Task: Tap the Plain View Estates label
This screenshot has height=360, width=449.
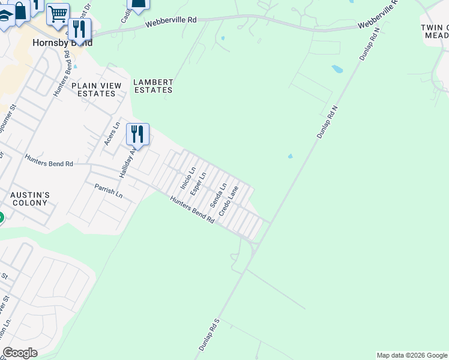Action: (x=96, y=89)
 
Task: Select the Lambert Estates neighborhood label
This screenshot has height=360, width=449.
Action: (x=153, y=86)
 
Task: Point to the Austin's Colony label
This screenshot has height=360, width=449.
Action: (x=29, y=199)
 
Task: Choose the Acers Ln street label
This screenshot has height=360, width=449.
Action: (x=109, y=133)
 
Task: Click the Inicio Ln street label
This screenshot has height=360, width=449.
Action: (x=185, y=179)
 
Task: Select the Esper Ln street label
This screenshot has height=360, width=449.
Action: (x=198, y=184)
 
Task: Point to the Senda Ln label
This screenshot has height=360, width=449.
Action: (x=218, y=195)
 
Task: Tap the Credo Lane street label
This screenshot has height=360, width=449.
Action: (x=229, y=201)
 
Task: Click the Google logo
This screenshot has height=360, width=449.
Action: (x=20, y=353)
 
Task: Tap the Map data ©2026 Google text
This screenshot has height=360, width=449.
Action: (x=412, y=355)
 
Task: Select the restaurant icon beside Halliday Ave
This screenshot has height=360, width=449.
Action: (x=137, y=135)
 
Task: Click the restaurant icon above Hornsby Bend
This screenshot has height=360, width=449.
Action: (x=79, y=29)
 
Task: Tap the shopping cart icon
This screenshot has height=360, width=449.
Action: (x=58, y=14)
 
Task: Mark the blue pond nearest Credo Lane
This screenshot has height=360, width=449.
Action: (x=291, y=157)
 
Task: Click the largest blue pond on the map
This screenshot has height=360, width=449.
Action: (x=337, y=69)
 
